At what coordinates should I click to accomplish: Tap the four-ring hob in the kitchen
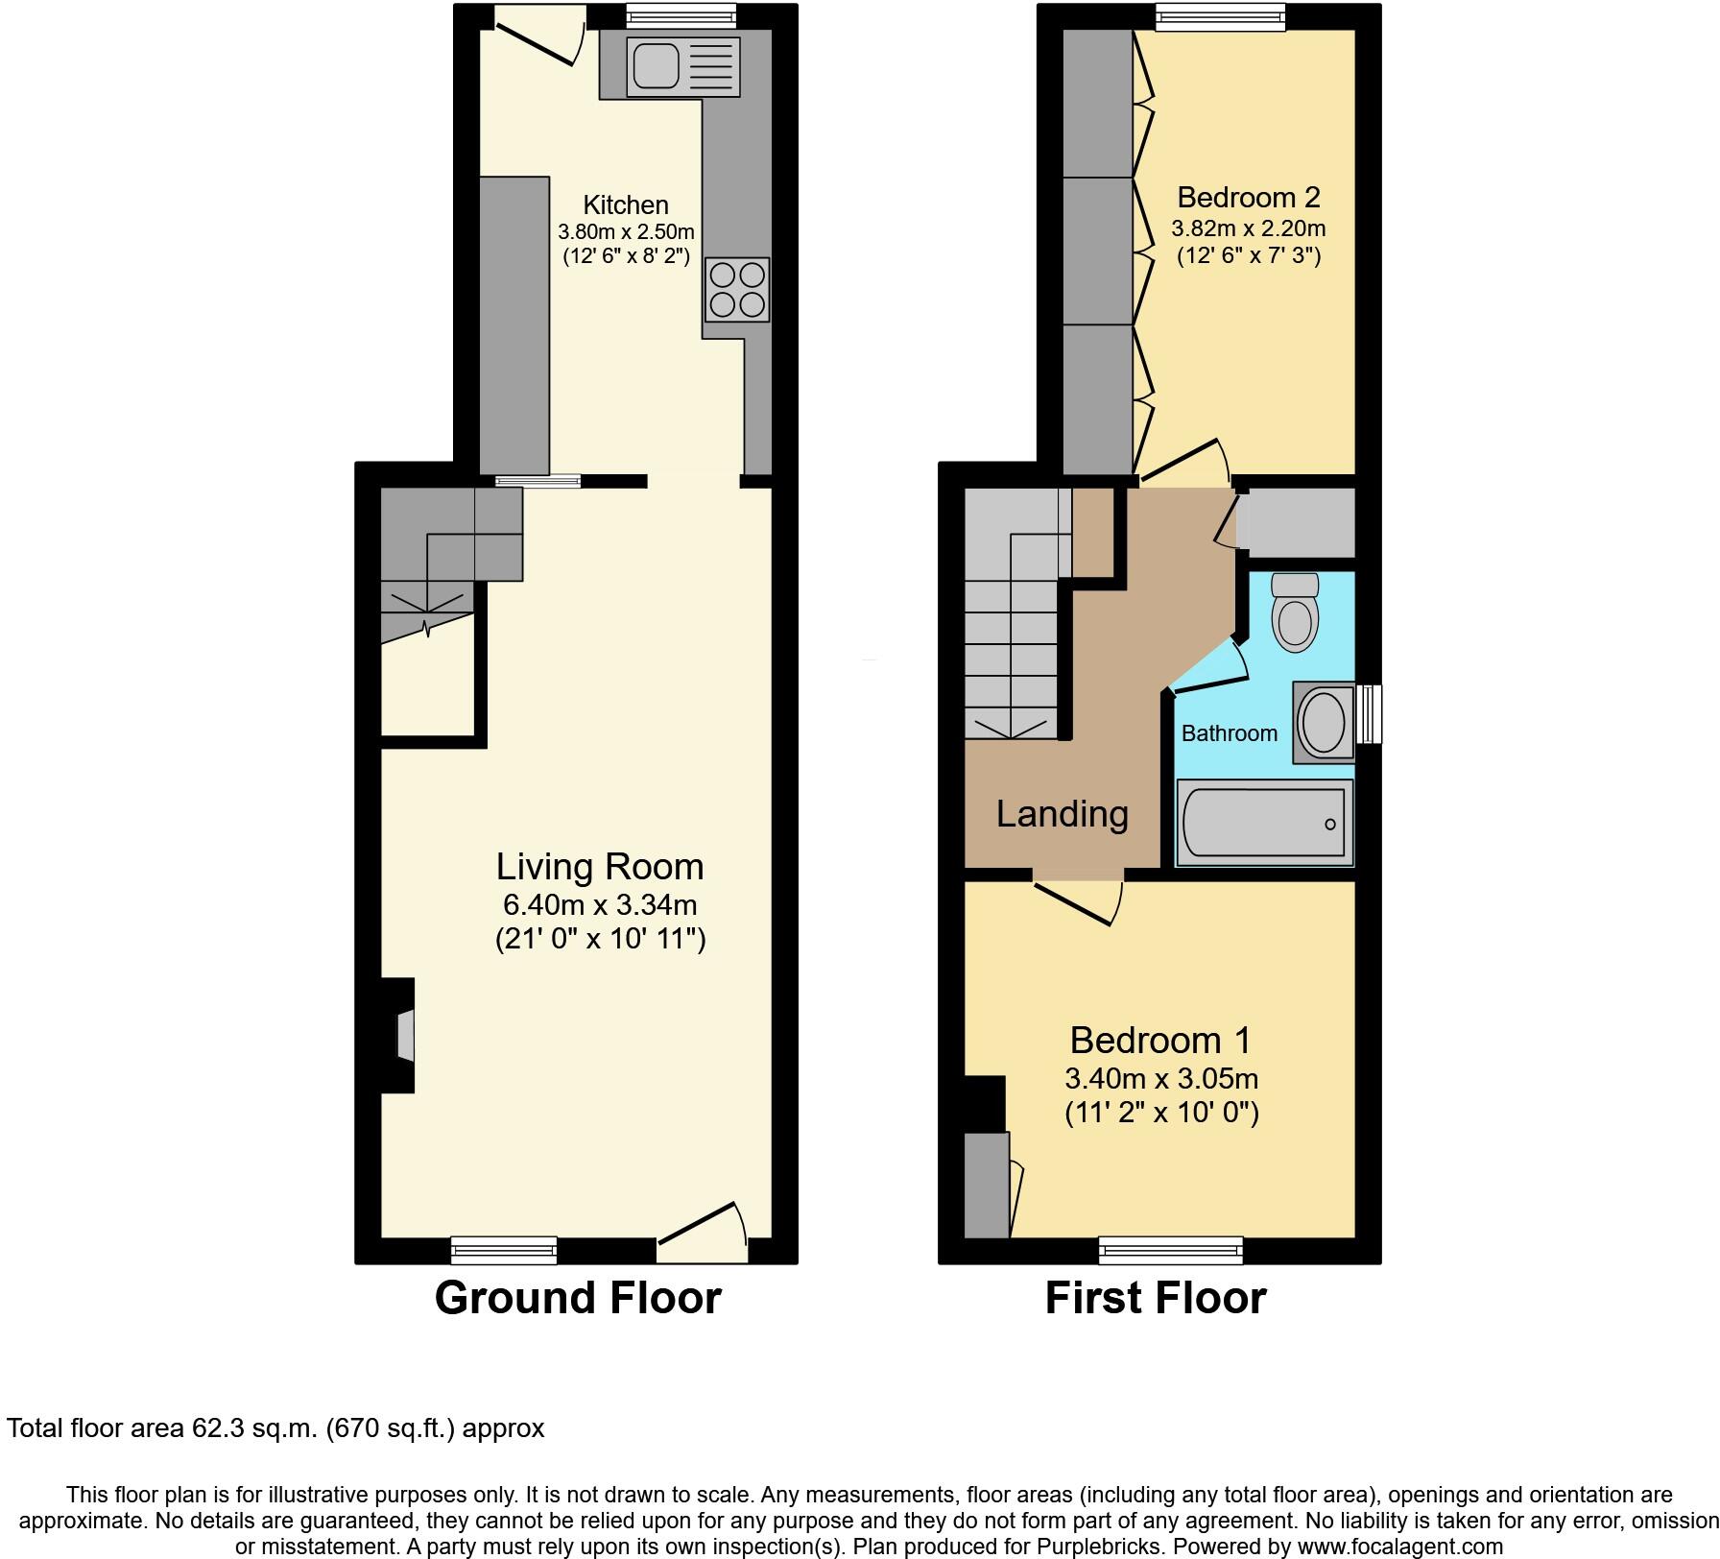tap(737, 290)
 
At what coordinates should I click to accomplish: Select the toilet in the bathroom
tap(1295, 614)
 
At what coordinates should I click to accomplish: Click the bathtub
tap(1264, 823)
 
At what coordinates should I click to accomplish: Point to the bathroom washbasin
tap(1324, 723)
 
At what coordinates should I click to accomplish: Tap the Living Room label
tap(600, 867)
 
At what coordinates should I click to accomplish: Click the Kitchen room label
tap(626, 204)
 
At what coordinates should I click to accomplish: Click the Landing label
tap(1062, 814)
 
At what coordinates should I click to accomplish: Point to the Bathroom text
tap(1229, 733)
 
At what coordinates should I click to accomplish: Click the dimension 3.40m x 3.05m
tap(1161, 1078)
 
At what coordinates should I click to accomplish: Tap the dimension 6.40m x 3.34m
tap(600, 904)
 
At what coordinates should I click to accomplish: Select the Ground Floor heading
tap(578, 1298)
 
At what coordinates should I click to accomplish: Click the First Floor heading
tap(1156, 1298)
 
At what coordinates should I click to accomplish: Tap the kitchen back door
tap(537, 36)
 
